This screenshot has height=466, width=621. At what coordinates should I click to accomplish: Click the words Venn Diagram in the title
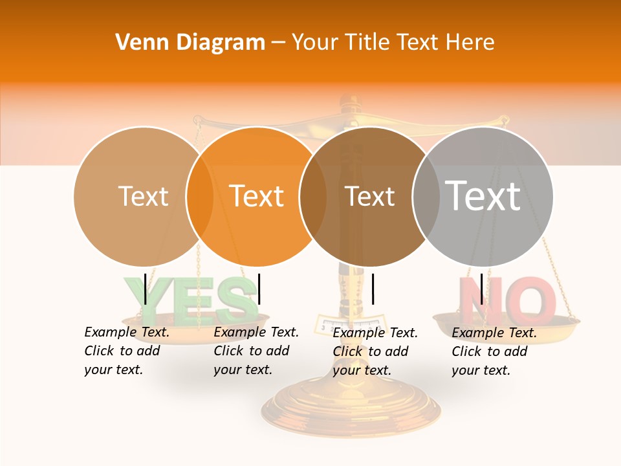coord(190,43)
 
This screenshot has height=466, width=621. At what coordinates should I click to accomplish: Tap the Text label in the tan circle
coord(144,196)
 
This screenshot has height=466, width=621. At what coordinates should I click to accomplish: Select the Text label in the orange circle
coord(257,196)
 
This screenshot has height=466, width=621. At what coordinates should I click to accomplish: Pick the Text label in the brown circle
coord(369,196)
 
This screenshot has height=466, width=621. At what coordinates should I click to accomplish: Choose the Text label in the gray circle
coord(483,195)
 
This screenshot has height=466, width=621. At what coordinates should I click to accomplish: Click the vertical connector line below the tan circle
coord(146,289)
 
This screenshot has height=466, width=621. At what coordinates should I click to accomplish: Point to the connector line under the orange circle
coord(259,289)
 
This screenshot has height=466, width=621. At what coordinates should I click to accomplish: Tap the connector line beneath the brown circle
coord(373,289)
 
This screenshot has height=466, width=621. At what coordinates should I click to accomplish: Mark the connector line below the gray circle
coord(482,289)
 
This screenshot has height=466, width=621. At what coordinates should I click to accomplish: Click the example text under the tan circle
coord(127,351)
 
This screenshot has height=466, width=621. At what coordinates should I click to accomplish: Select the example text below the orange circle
coord(256,351)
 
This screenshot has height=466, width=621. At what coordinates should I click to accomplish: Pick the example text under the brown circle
coord(375,351)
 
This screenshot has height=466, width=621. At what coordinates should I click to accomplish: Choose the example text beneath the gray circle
coord(494,351)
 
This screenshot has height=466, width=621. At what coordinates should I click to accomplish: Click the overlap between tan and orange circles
coord(200,196)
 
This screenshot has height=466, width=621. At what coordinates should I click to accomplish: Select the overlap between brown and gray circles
coord(426,196)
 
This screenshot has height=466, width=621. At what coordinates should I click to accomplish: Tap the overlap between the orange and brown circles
coord(313,196)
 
